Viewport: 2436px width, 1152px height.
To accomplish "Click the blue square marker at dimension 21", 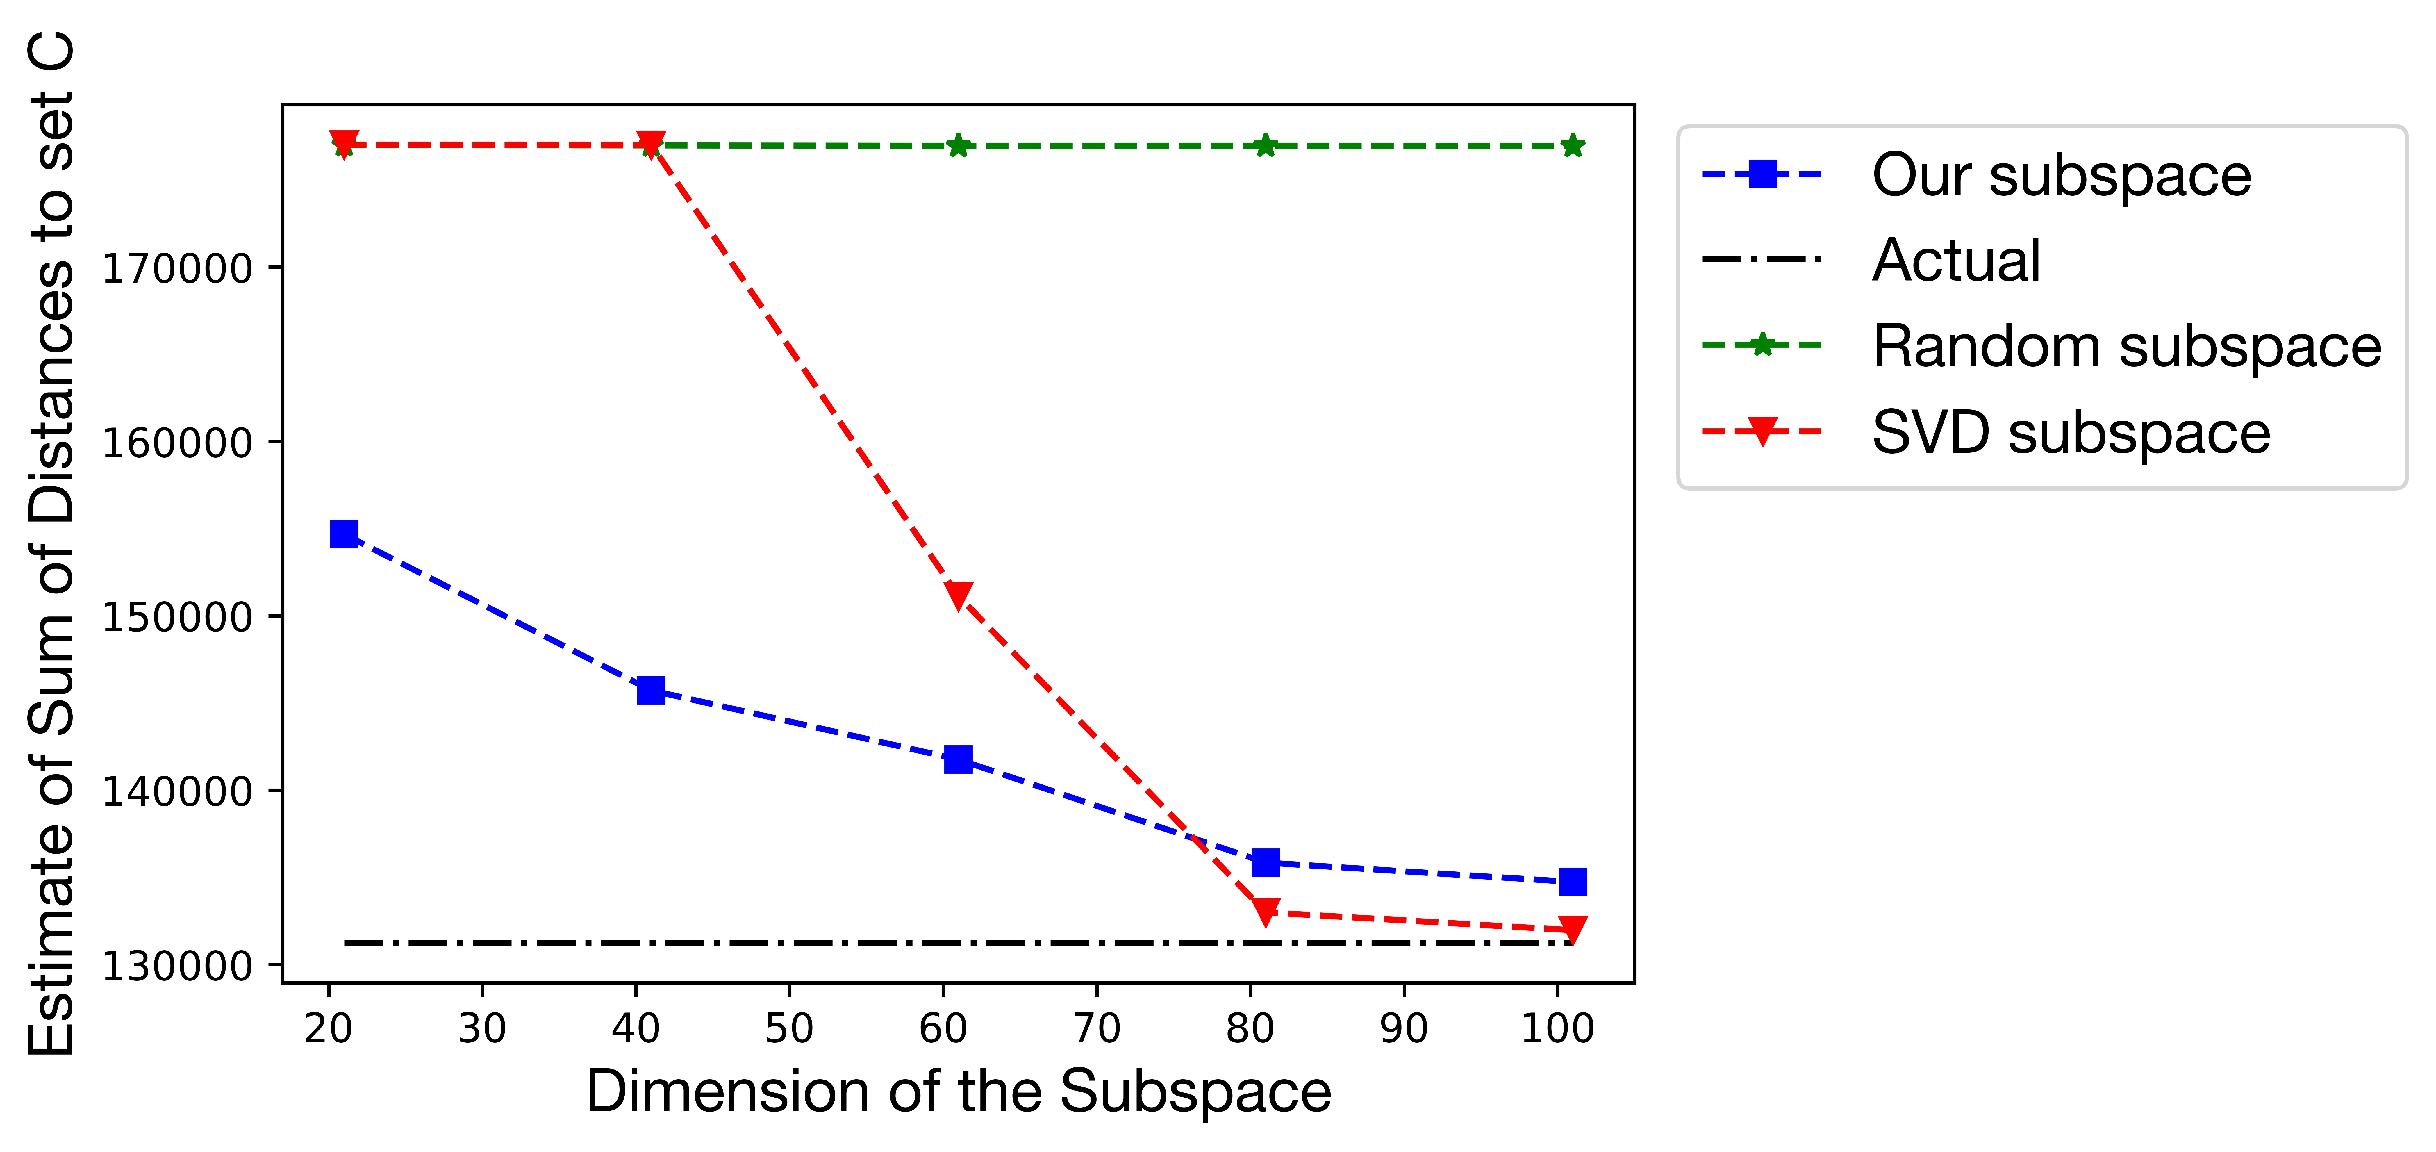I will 344,534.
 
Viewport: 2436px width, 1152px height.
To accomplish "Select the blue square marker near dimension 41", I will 651,691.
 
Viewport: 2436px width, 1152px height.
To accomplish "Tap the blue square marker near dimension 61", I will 958,759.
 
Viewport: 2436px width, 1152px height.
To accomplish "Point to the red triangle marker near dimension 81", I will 1265,911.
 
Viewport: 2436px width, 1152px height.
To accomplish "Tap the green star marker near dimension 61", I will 958,146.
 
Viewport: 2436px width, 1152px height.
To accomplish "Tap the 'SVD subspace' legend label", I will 2071,432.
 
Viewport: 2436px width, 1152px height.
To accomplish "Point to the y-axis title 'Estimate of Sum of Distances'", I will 52,544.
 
